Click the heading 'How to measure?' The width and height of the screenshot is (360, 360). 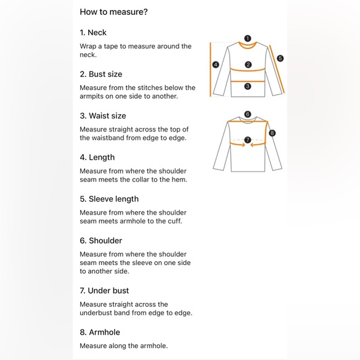pyautogui.click(x=114, y=12)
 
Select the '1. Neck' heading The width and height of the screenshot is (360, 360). pyautogui.click(x=93, y=33)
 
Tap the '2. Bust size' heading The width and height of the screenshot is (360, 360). pyautogui.click(x=101, y=74)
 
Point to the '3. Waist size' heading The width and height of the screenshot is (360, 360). pyautogui.click(x=103, y=115)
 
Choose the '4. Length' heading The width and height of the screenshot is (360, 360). pyautogui.click(x=97, y=158)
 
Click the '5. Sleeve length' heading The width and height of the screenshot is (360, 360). pyautogui.click(x=109, y=199)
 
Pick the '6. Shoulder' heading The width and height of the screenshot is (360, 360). pyautogui.click(x=101, y=241)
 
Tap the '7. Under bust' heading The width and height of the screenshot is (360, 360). pyautogui.click(x=104, y=290)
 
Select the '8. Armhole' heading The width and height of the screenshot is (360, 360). pyautogui.click(x=100, y=332)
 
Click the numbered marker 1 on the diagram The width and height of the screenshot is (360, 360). pyautogui.click(x=248, y=38)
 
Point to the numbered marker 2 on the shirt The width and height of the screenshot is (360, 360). pyautogui.click(x=248, y=65)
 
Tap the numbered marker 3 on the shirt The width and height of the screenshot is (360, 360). pyautogui.click(x=248, y=86)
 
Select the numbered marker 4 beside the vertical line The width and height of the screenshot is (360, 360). pyautogui.click(x=215, y=65)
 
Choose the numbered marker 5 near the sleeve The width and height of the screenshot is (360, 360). pyautogui.click(x=280, y=58)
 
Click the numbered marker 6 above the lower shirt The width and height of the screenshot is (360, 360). pyautogui.click(x=248, y=114)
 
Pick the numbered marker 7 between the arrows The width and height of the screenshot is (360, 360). pyautogui.click(x=248, y=140)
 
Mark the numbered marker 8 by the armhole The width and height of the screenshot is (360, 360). pyautogui.click(x=272, y=133)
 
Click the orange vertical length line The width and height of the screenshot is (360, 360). pyautogui.click(x=210, y=70)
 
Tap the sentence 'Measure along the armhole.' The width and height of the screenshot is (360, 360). pyautogui.click(x=124, y=346)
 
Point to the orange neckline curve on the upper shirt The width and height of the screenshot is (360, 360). pyautogui.click(x=248, y=48)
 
